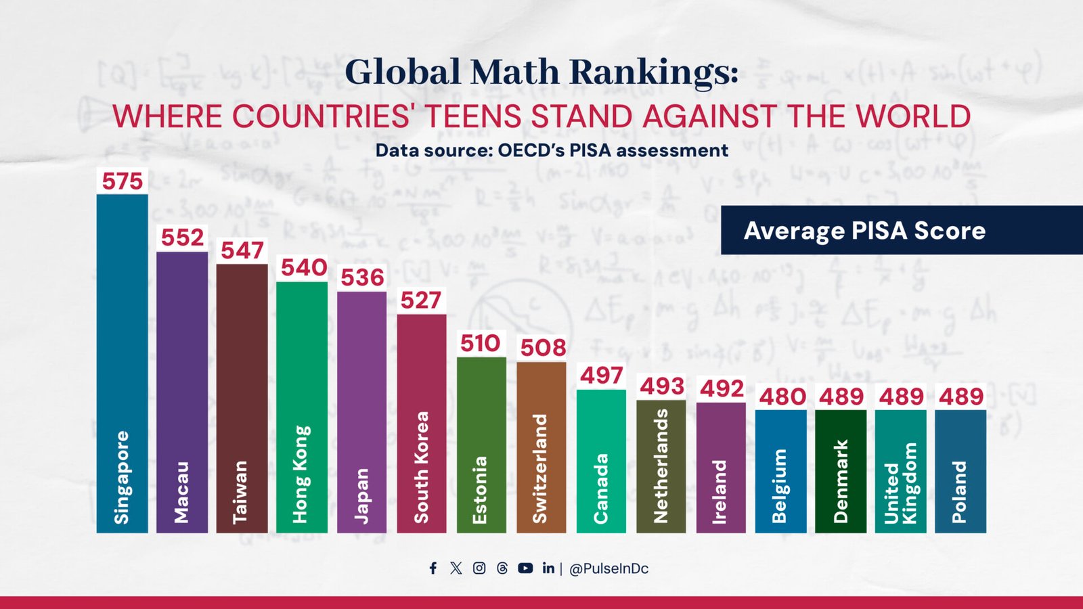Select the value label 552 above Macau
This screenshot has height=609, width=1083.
(x=182, y=238)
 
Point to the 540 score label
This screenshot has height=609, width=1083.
(x=304, y=268)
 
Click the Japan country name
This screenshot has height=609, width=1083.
(x=362, y=495)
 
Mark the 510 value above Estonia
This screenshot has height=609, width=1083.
(x=480, y=343)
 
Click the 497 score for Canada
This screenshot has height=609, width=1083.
(x=601, y=375)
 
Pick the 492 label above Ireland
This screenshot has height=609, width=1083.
(x=722, y=388)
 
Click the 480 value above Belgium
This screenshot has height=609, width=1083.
(x=782, y=397)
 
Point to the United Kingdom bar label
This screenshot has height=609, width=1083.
(x=900, y=483)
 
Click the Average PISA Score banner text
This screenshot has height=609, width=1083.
(x=864, y=231)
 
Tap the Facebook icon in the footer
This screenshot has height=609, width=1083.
(x=433, y=568)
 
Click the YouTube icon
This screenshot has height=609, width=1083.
(x=525, y=568)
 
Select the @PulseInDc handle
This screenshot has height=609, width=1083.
(x=609, y=569)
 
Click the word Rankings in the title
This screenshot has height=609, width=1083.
(x=655, y=72)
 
